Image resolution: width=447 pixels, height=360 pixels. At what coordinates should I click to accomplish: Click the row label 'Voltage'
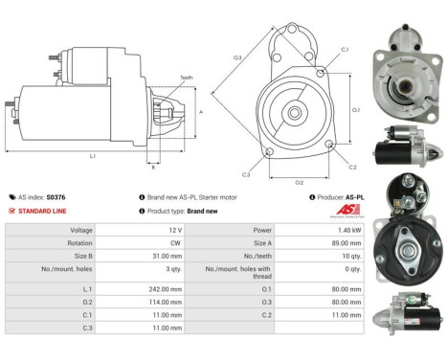[80, 231]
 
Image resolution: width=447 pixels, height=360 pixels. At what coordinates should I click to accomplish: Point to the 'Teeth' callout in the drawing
[186, 78]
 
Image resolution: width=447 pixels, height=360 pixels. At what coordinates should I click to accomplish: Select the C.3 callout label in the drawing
[246, 174]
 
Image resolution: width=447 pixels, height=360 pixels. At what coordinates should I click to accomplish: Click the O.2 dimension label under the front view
[299, 181]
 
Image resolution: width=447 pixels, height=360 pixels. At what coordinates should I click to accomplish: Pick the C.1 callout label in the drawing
[345, 49]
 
